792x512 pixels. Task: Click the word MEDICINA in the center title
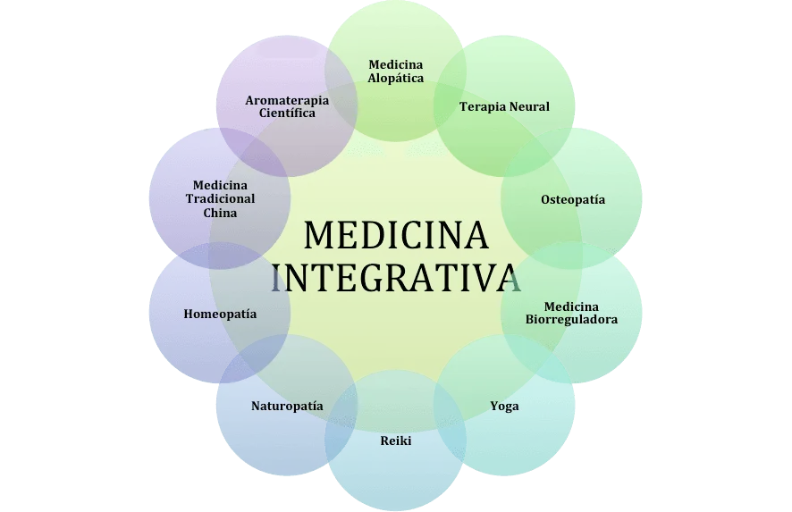click(396, 236)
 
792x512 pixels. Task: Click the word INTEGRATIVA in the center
click(396, 278)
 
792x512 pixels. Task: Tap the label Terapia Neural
click(504, 106)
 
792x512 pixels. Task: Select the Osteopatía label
click(572, 199)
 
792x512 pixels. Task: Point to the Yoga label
click(504, 406)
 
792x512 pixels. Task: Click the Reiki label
click(396, 441)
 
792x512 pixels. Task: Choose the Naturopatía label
click(287, 406)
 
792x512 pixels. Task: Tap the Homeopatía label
click(220, 314)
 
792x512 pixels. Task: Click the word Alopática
click(396, 78)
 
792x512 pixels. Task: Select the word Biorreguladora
click(572, 319)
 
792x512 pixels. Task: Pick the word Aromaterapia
click(287, 100)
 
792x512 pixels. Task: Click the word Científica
click(287, 113)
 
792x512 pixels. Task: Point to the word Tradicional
click(220, 198)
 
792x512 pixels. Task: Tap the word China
click(220, 213)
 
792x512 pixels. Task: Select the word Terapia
click(481, 106)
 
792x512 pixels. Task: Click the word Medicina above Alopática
click(396, 64)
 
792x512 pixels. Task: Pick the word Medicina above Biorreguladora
click(572, 306)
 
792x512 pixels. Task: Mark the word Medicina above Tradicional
click(220, 185)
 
